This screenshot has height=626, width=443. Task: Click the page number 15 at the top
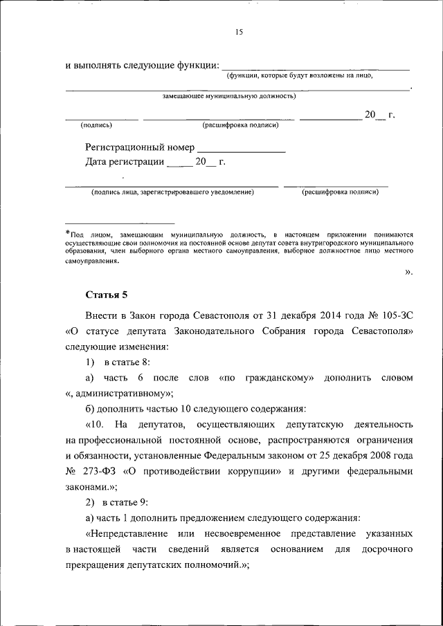(x=239, y=32)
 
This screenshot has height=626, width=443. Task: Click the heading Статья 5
(x=107, y=295)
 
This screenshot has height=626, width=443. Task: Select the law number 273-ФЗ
(x=93, y=471)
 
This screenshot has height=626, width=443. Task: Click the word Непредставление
(x=128, y=534)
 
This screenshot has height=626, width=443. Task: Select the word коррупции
(x=246, y=471)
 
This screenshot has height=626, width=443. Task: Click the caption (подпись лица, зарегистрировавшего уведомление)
(x=172, y=192)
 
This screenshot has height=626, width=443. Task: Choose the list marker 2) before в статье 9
(x=90, y=502)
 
